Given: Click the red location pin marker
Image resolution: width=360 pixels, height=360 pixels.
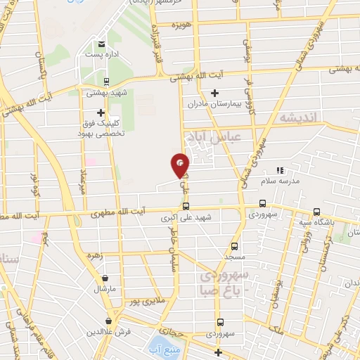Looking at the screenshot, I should pos(181,165).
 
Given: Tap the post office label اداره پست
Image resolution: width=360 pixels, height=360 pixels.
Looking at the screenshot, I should pos(98,55).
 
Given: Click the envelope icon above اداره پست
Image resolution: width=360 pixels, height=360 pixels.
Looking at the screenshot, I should pos(102,44).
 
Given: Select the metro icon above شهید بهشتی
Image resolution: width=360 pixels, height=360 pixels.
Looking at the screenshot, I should pos(106,81).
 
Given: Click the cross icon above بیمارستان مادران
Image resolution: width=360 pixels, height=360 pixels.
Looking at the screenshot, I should pos(215,93).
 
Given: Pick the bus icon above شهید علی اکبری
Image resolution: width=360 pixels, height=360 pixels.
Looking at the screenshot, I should pos(186,207).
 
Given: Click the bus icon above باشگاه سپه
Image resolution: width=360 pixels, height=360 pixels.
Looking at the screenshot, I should pos(316,212).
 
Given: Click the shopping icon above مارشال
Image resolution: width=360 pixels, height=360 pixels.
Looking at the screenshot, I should pos(105,278).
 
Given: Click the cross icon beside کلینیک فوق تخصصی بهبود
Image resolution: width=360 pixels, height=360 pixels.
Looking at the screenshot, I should pos(101,112).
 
